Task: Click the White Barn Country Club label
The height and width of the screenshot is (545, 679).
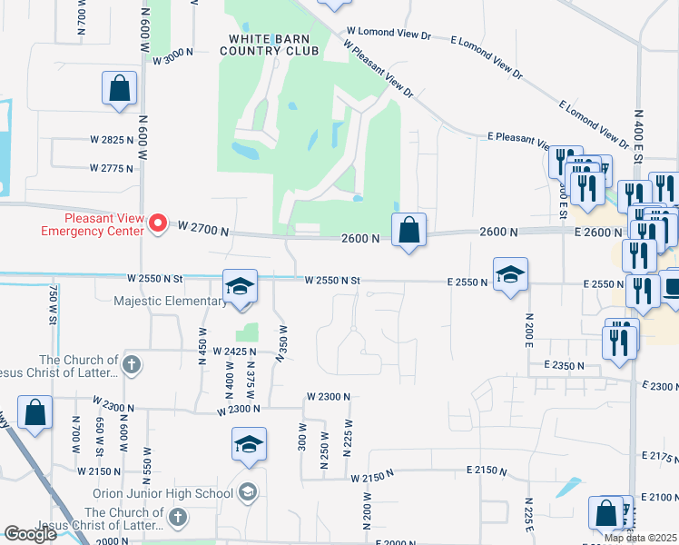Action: (x=274, y=45)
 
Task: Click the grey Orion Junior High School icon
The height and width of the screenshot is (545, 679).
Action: (x=247, y=493)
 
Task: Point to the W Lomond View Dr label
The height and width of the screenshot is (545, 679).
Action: (x=389, y=33)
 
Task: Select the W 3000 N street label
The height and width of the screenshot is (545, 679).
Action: (x=173, y=59)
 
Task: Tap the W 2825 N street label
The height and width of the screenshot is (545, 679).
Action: (x=112, y=140)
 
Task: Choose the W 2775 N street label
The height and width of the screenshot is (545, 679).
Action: (x=112, y=168)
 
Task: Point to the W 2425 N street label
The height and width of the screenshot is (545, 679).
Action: (x=234, y=352)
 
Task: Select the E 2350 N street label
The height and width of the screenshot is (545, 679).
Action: (x=565, y=364)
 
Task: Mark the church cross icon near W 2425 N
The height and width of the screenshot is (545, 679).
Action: (x=132, y=365)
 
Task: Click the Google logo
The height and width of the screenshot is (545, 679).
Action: (x=31, y=534)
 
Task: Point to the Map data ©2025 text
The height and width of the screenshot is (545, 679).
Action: (x=640, y=538)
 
